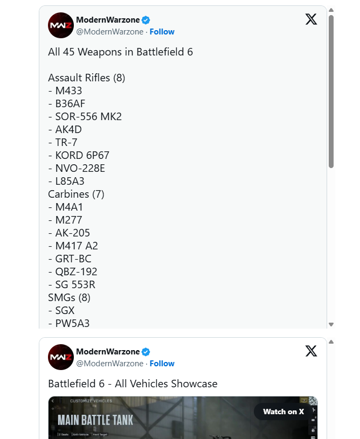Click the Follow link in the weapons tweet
(x=162, y=32)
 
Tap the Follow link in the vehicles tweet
(x=162, y=364)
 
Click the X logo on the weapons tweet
(x=311, y=19)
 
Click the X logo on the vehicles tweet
(x=311, y=351)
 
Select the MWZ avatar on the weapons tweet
(x=61, y=25)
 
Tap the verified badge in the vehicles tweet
(x=146, y=352)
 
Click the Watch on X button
(x=283, y=412)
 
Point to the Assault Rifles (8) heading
(x=86, y=78)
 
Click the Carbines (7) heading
(x=76, y=194)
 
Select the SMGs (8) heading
(x=70, y=297)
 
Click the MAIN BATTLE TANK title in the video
(x=95, y=420)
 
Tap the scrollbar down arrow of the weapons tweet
(x=331, y=324)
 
